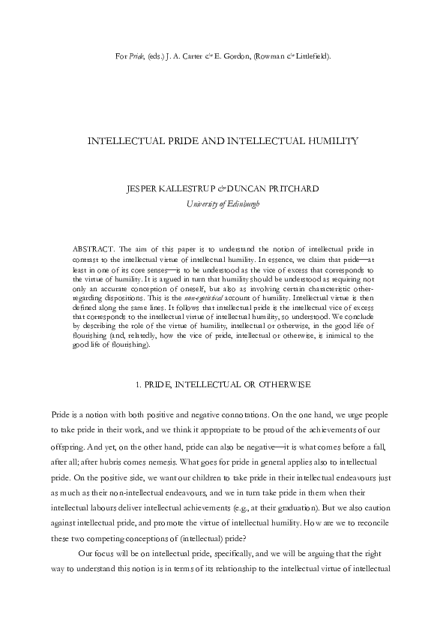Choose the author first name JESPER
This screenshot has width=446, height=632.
coord(143,188)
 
